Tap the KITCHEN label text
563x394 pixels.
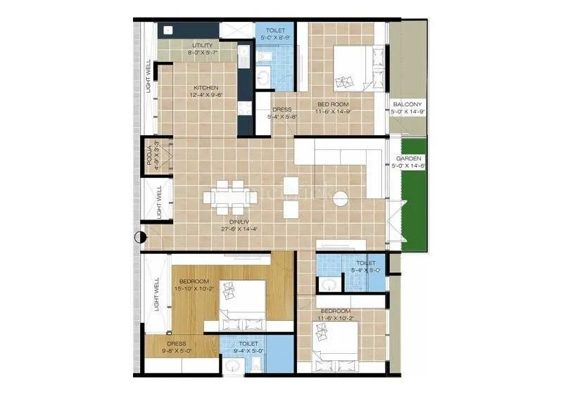coord(202,88)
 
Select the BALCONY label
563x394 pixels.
coord(407,103)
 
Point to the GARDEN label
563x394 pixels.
coord(408,159)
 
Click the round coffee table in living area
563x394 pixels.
coord(341,198)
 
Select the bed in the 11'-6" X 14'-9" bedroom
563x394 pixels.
coord(358,66)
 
